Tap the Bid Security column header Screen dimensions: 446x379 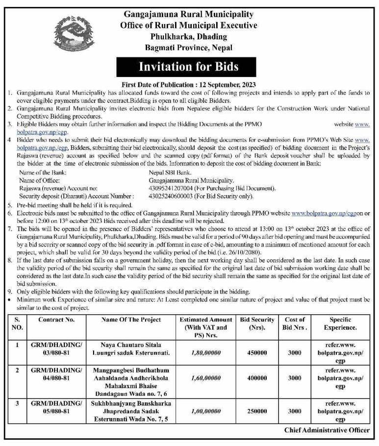(257, 323)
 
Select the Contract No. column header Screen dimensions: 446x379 (56, 320)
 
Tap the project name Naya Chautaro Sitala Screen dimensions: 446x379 (131, 345)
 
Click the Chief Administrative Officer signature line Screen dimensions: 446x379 (327, 430)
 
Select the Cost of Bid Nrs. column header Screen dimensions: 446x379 (295, 323)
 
